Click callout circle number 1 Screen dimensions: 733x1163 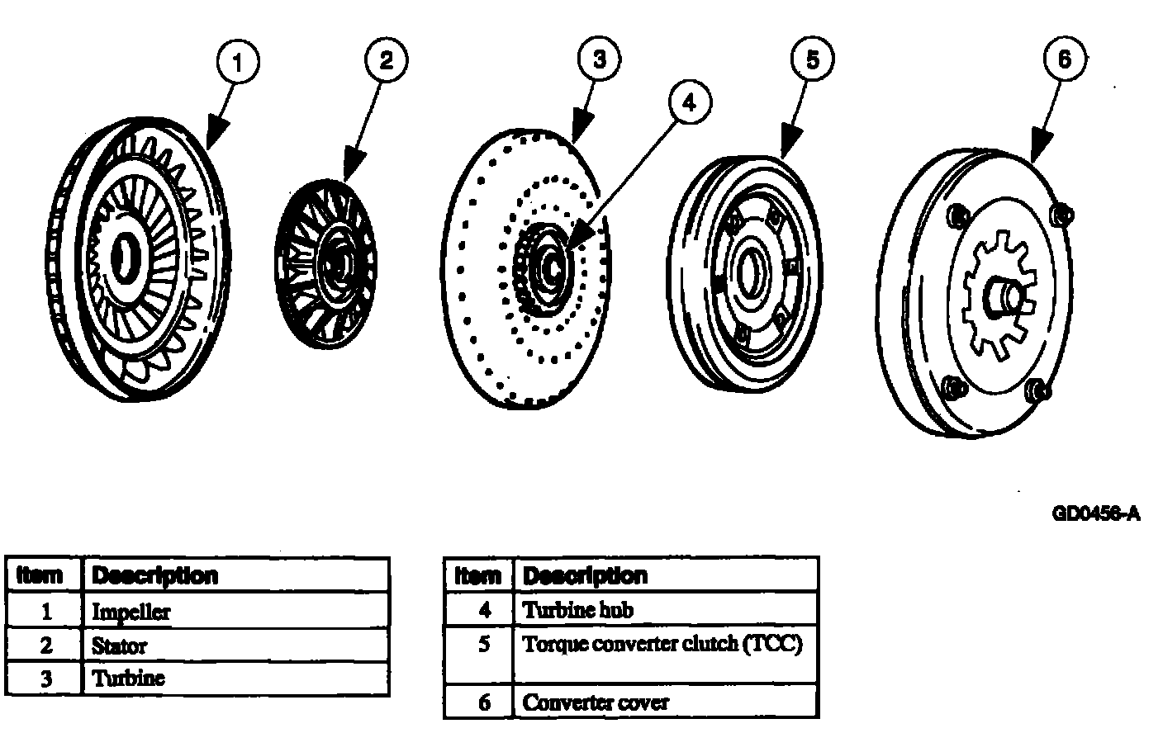coord(238,63)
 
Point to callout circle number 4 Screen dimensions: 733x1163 coord(689,102)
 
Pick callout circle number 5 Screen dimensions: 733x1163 coord(813,59)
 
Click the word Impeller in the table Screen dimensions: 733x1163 coord(131,612)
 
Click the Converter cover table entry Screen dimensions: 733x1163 coord(596,702)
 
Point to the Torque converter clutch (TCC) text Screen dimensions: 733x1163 coord(662,644)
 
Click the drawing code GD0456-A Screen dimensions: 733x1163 coord(1096,514)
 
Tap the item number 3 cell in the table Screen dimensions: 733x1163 coord(46,679)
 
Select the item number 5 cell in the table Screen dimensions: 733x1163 coord(484,644)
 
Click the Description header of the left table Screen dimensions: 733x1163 coord(155,575)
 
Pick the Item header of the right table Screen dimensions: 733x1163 coord(478,575)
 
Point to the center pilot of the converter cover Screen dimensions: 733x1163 coord(1005,297)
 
